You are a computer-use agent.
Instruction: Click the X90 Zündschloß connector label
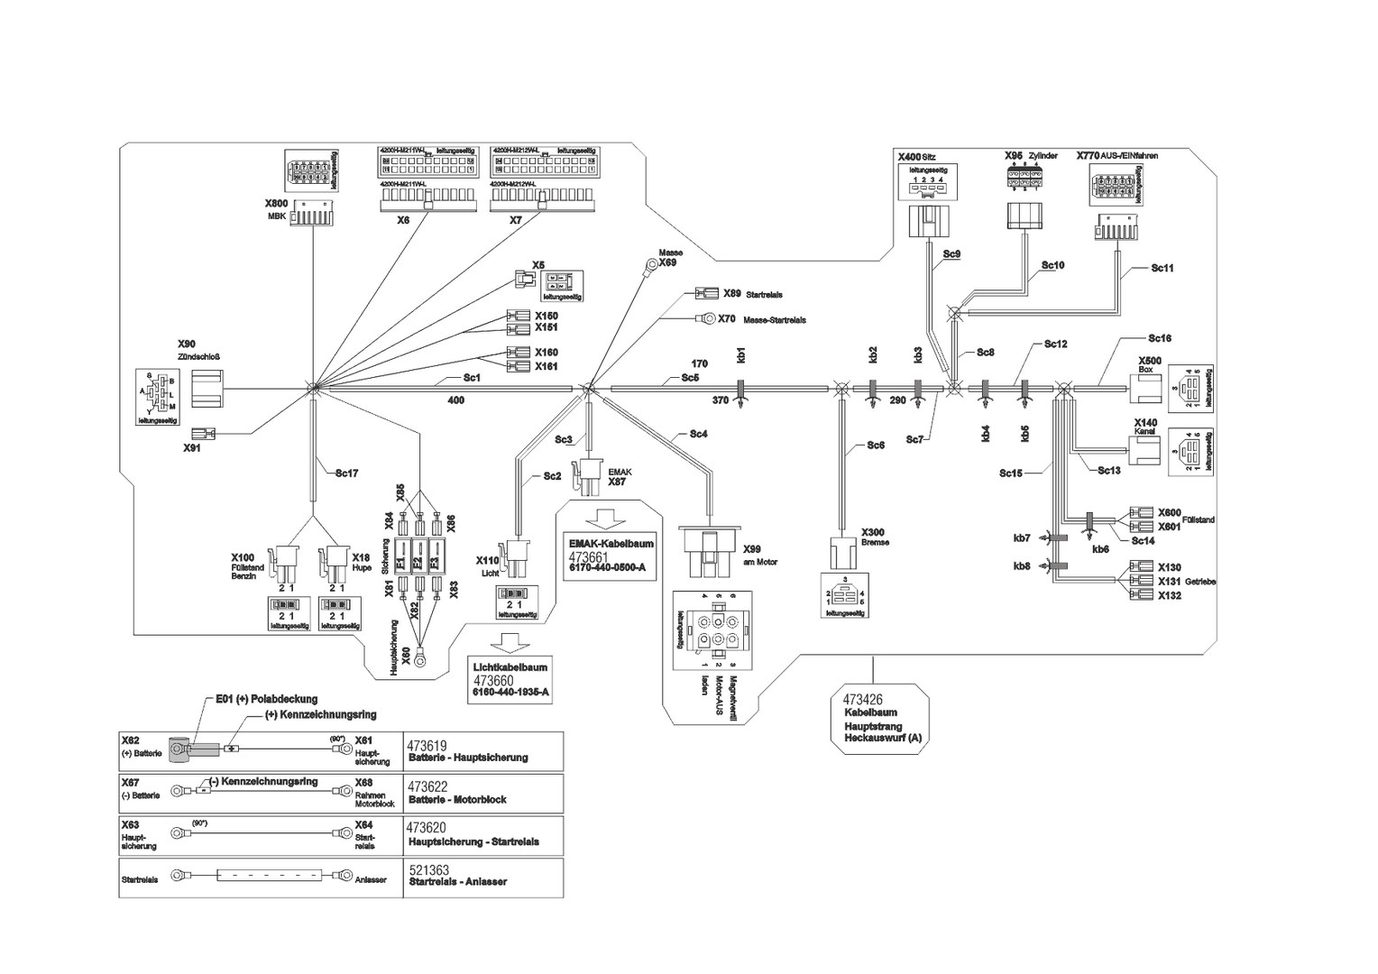pos(187,345)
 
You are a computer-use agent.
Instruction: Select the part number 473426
pos(862,699)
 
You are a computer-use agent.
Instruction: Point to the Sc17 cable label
pos(347,473)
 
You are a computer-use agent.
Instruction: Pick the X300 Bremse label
pos(873,532)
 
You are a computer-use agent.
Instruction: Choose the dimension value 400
pos(456,400)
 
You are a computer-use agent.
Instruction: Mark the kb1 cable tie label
pos(741,354)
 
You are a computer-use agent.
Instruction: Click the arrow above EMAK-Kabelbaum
pos(603,519)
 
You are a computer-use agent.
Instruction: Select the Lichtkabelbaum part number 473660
pos(493,680)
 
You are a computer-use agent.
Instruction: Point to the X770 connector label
pos(1089,155)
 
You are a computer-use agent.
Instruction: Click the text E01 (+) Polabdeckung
pos(266,699)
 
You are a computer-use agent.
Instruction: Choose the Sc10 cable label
pos(1052,265)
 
